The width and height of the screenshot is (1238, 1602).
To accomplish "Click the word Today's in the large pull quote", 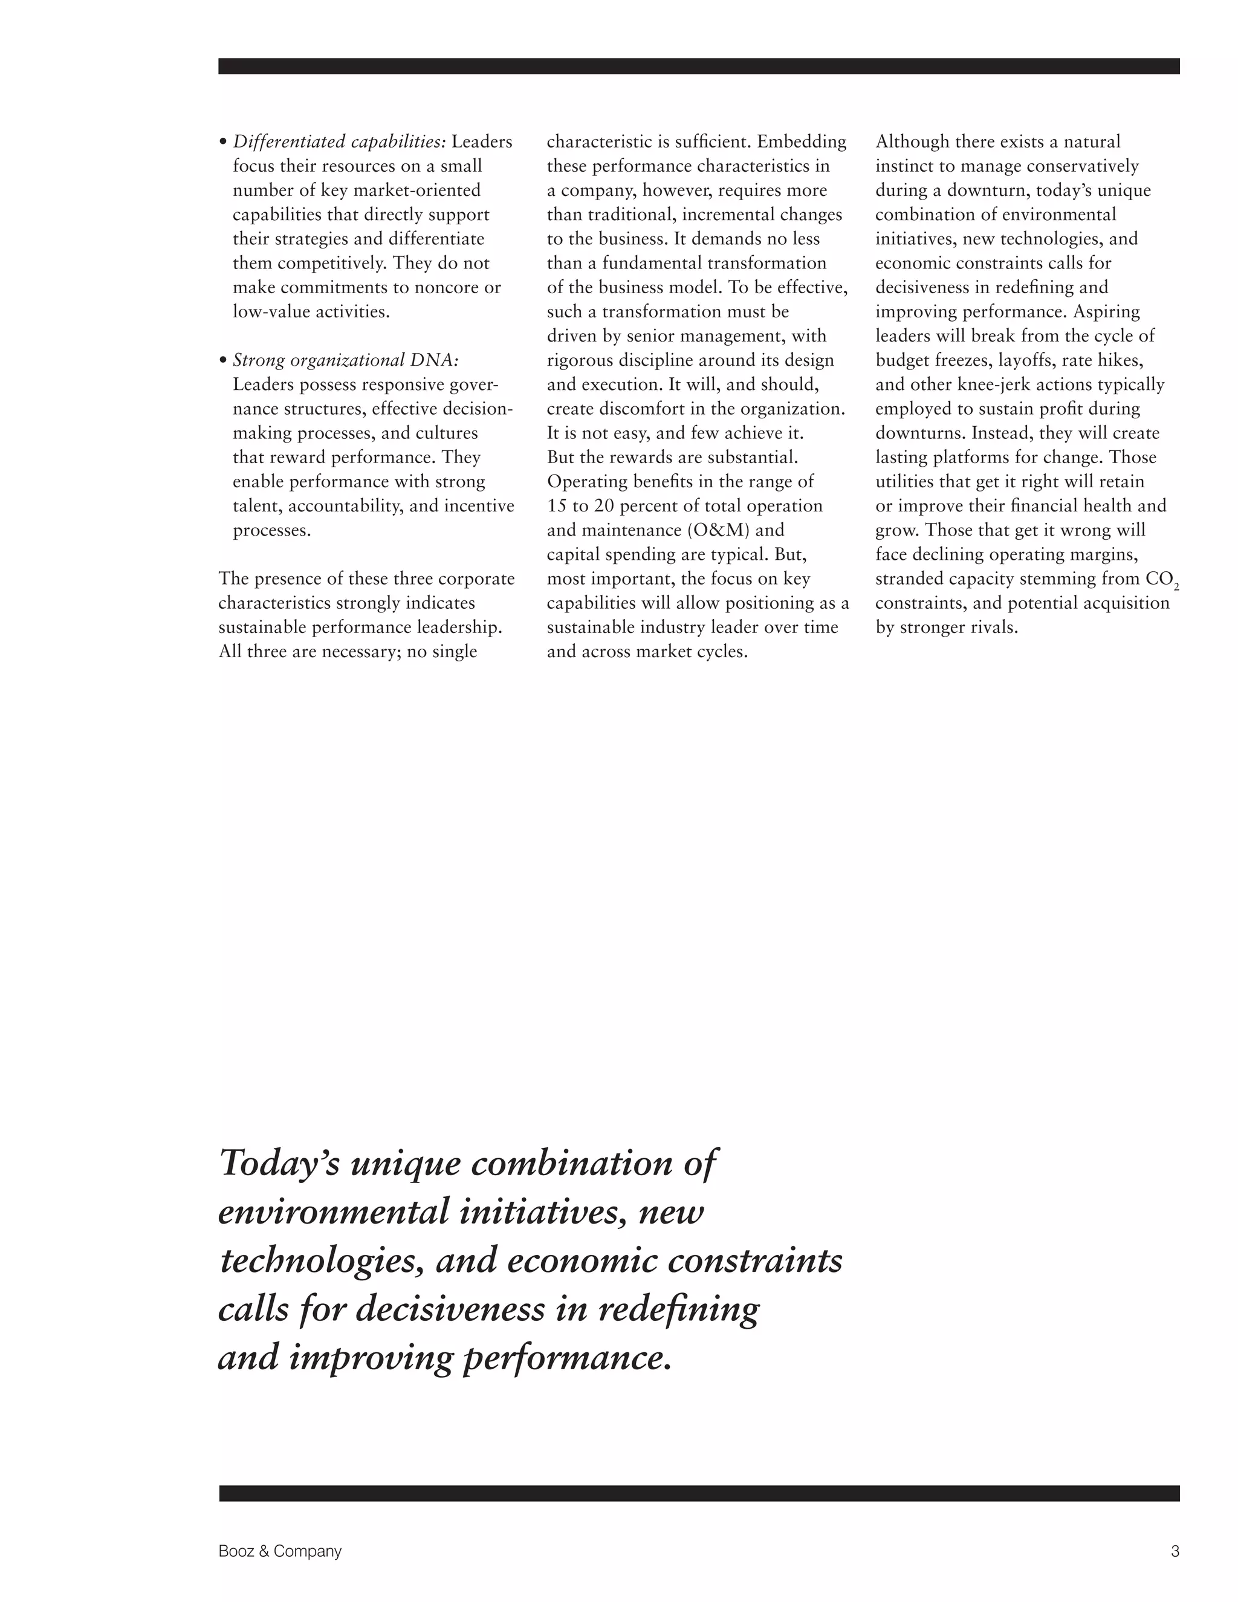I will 279,1164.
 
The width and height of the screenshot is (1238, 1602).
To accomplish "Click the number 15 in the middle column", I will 557,506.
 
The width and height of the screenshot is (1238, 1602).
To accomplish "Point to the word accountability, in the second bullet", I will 345,506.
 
